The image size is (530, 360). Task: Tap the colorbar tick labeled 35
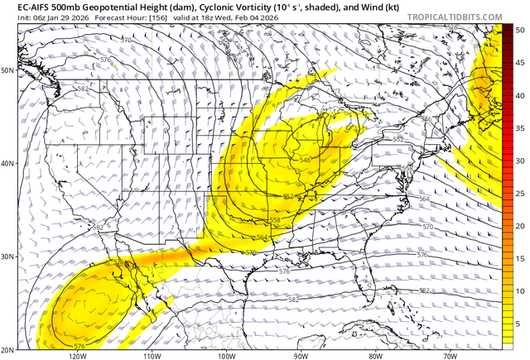pos(518,128)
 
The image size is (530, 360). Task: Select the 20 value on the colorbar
pos(518,226)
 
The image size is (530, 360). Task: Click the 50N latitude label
pos(8,70)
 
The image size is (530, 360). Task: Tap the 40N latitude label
pos(8,163)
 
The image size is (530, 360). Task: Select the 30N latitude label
pos(8,256)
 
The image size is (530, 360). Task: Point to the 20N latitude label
pos(8,348)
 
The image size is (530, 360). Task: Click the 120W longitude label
pos(79,356)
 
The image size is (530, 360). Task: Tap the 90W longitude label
pos(301,356)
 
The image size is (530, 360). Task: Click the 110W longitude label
pos(153,356)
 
